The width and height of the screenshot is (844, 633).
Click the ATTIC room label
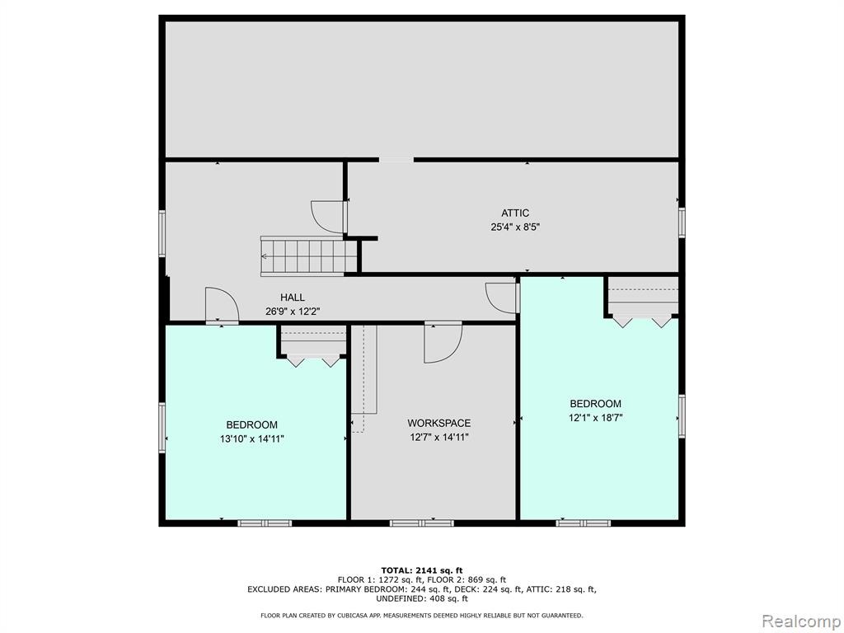[515, 213]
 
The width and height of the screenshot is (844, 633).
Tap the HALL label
[293, 297]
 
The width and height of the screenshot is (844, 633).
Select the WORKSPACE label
[438, 423]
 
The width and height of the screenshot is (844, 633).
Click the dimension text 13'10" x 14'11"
[252, 438]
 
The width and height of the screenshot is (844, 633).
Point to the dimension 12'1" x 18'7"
[595, 417]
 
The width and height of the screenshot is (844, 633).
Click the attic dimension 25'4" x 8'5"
[515, 227]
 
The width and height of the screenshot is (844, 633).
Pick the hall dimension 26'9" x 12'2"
[293, 311]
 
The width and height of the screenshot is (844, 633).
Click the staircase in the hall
[309, 256]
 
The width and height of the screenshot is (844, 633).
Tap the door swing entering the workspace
[443, 342]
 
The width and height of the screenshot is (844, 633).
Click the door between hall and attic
[328, 217]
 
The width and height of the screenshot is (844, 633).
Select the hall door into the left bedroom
[222, 306]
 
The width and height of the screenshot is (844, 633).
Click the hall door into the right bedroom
[502, 298]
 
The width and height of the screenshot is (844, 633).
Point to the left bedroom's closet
[313, 346]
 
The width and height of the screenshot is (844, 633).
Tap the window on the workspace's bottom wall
[422, 523]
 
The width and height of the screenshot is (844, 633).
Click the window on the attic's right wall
[682, 223]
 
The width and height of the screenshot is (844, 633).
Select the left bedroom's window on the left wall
[162, 428]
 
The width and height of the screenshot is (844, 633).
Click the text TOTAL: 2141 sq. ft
[422, 570]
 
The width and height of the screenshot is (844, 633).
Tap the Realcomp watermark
[801, 621]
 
